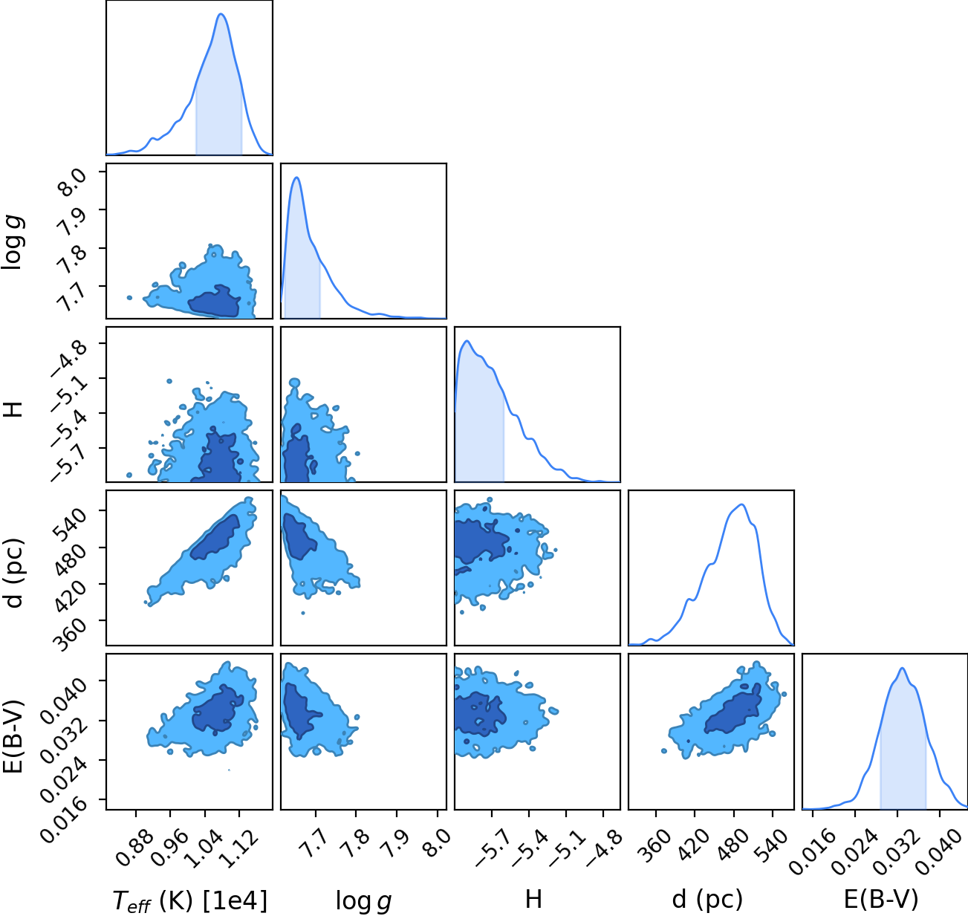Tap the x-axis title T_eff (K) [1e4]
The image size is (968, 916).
coord(190,900)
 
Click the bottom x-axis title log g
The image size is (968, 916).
coord(363,900)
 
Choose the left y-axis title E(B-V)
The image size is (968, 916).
coord(14,735)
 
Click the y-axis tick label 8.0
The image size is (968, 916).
coord(72,181)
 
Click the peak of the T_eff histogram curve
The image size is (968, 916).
coord(221,14)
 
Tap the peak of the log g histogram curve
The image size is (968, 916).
coord(297,178)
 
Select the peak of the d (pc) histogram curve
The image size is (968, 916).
coord(741,504)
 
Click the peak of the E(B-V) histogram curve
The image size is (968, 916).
coord(902,669)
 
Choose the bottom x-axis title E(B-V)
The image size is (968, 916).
coord(881,900)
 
